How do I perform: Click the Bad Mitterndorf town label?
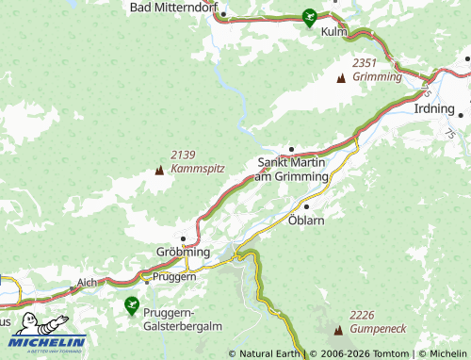pyautogui.click(x=173, y=8)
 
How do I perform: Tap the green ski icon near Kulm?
pyautogui.click(x=309, y=16)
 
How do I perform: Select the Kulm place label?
pyautogui.click(x=334, y=31)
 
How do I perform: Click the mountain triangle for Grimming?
pyautogui.click(x=341, y=79)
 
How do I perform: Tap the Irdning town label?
pyautogui.click(x=434, y=108)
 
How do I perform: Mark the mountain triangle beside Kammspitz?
pyautogui.click(x=159, y=171)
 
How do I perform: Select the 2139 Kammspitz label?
pyautogui.click(x=198, y=160)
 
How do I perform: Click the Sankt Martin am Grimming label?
pyautogui.click(x=293, y=169)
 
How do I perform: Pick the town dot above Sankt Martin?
pyautogui.click(x=292, y=148)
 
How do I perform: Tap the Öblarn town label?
pyautogui.click(x=306, y=221)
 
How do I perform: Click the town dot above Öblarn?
pyautogui.click(x=306, y=206)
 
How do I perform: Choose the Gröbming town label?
pyautogui.click(x=182, y=254)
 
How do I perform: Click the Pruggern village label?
pyautogui.click(x=174, y=277)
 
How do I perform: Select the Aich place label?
pyautogui.click(x=87, y=282)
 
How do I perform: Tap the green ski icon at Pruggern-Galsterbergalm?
pyautogui.click(x=132, y=303)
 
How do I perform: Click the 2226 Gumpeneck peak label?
pyautogui.click(x=377, y=320)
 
